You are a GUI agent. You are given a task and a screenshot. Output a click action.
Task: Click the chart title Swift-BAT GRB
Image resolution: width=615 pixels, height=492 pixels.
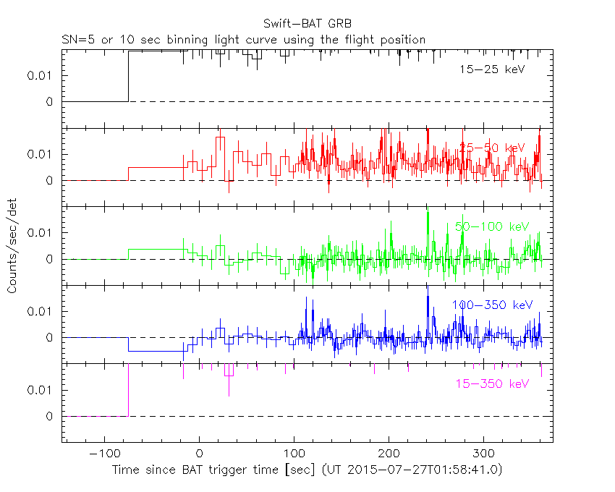pos(307,23)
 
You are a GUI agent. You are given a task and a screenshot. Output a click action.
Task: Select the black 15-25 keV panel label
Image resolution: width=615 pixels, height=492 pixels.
pos(491,70)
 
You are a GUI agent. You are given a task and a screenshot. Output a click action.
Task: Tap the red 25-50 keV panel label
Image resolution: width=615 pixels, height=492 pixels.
pos(492,148)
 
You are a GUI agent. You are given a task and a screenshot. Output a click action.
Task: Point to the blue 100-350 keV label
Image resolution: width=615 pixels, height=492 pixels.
pos(492,305)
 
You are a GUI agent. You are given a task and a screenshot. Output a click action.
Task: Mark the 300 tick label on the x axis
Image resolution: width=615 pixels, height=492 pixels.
pos(483,454)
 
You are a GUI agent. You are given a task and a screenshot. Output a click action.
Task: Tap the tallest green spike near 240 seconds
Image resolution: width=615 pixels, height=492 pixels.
pos(428,213)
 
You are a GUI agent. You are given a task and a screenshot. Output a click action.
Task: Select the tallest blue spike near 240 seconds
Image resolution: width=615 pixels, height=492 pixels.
pos(428,297)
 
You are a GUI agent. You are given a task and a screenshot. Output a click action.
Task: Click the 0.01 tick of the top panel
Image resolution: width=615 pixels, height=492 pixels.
pos(41,75)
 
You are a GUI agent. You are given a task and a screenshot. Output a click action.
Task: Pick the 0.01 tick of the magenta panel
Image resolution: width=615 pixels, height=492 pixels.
pos(41,390)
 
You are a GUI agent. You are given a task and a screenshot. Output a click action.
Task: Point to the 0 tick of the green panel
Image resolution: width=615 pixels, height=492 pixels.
pos(49,259)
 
